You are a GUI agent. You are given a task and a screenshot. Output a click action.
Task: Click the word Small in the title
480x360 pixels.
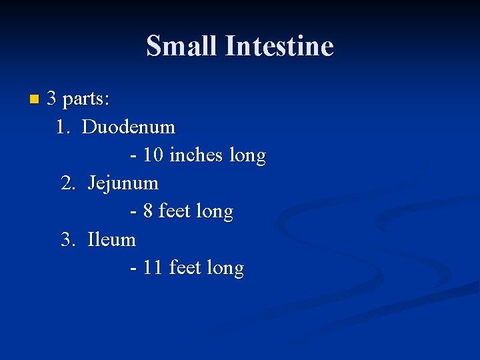181,46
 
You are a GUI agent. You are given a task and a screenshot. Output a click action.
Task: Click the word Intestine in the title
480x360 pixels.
279,46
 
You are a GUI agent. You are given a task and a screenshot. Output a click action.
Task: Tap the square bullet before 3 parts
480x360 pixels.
35,100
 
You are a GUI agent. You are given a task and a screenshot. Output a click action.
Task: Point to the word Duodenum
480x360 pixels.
129,127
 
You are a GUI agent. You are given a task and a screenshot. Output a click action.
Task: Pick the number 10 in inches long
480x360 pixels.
153,155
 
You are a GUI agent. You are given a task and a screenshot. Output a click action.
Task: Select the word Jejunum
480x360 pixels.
123,183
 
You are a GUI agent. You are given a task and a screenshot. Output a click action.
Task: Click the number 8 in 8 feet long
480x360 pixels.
148,211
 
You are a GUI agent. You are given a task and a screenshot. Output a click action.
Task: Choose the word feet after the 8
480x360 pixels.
175,211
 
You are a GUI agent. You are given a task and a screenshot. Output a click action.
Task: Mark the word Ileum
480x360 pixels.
111,239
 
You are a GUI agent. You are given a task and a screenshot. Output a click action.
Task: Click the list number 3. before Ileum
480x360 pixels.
69,239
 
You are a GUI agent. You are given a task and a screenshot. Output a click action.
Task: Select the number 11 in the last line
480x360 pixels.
153,268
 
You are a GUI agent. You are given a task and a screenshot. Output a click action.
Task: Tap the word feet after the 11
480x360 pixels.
185,268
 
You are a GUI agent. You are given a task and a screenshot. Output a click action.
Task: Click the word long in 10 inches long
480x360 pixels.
247,156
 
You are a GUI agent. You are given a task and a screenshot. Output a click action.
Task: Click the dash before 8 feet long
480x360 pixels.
134,212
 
